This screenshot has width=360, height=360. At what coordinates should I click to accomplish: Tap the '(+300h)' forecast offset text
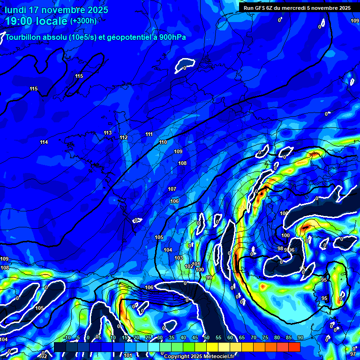[83, 21]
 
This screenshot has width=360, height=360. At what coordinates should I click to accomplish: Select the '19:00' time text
[21, 21]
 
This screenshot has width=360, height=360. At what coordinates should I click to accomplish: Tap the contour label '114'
[44, 142]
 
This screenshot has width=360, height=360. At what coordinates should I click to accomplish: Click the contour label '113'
[108, 133]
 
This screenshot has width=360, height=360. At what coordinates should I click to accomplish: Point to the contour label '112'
[123, 137]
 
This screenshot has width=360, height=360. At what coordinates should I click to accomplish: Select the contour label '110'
[163, 142]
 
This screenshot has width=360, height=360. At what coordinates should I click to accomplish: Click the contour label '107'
[172, 189]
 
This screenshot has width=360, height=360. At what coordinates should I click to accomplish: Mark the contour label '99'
[209, 278]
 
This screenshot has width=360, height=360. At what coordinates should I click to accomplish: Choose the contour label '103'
[179, 258]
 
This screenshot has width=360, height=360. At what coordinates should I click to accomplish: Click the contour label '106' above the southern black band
[149, 287]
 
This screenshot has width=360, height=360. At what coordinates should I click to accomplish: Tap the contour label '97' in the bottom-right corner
[353, 354]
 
